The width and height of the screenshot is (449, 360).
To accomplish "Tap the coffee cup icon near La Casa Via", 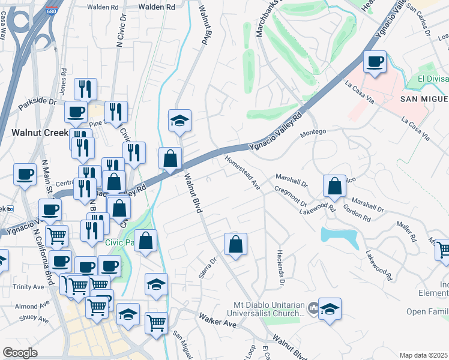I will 375,62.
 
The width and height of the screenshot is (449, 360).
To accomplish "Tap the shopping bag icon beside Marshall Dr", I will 334,187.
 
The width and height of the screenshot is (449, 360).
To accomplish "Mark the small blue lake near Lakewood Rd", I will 340,236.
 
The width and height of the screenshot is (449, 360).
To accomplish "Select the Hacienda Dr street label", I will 280,267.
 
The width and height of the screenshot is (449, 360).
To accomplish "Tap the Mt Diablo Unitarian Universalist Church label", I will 265,309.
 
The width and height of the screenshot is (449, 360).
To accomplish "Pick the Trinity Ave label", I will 30,287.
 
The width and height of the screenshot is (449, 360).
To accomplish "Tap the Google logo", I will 20,353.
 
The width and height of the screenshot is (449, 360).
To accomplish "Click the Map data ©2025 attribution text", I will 423,355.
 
